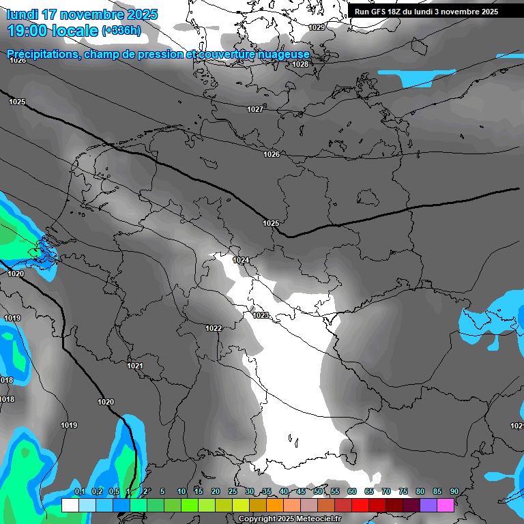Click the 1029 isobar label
coord(317,27)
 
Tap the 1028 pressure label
coord(300,64)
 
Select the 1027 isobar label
coord(255,109)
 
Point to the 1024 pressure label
coord(241,260)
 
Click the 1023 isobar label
coord(261,315)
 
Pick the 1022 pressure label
coord(214,328)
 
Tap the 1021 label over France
coord(135,366)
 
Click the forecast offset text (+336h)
coord(121,31)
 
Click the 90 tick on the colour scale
coord(454,491)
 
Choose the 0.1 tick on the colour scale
coord(79,491)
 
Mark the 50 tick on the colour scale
coord(318,491)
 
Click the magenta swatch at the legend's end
coord(446,505)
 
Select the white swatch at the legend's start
coord(70,505)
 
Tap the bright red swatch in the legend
coord(360,505)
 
